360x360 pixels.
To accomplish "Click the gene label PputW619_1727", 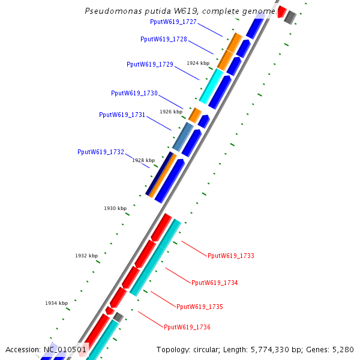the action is tap(173, 22).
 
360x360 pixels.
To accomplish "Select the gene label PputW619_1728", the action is tap(164, 39).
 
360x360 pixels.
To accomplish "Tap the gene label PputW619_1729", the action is tap(150, 64).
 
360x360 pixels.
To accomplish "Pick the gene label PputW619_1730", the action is tap(134, 93).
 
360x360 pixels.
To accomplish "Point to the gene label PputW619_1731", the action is tap(122, 115).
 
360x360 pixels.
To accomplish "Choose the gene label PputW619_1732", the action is tap(101, 152).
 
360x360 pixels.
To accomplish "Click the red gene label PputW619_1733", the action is tap(231, 256).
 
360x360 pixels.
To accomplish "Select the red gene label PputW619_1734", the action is tap(215, 283).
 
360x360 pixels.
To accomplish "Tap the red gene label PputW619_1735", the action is tap(200, 307).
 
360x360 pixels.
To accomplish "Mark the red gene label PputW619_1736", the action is tap(187, 327).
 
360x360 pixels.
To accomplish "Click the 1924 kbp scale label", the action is tap(198, 63).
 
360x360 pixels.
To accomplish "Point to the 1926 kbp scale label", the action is tap(171, 112).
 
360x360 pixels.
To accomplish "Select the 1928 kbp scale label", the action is tap(143, 160).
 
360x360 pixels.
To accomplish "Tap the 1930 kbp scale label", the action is tap(115, 208).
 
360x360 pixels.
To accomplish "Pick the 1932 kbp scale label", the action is tap(86, 256).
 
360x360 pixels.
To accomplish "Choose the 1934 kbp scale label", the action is tap(56, 303).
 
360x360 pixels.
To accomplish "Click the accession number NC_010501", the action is tap(65, 349).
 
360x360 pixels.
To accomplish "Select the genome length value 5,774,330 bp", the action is tap(272, 349).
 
